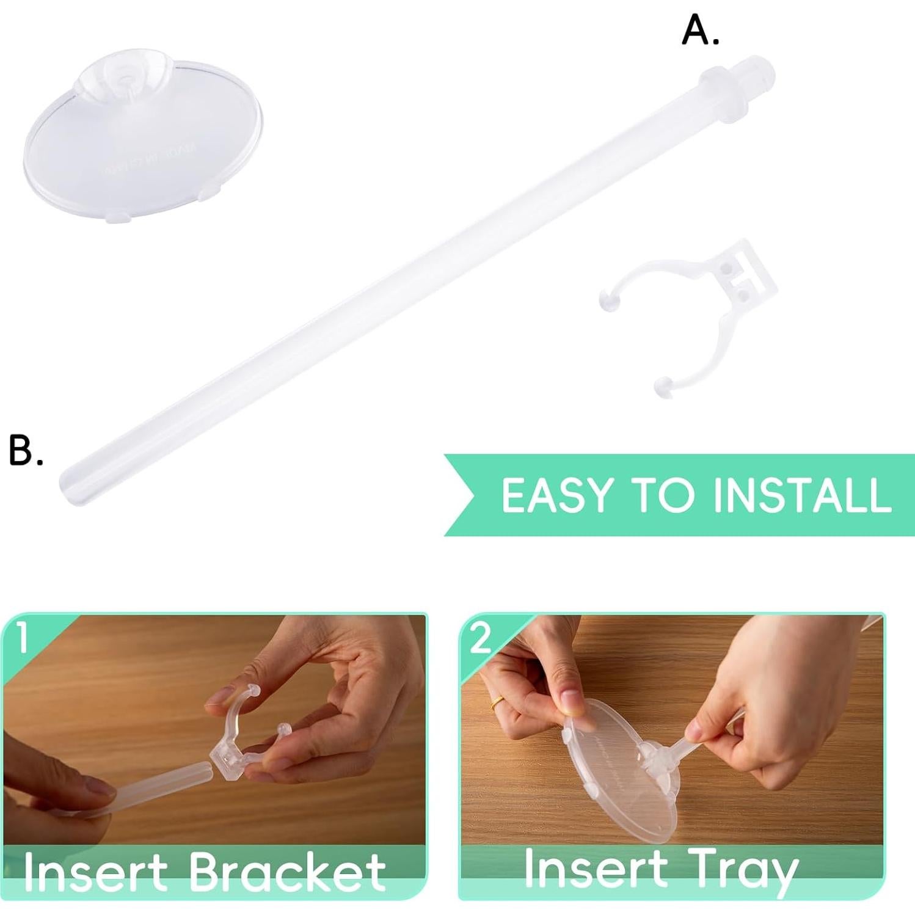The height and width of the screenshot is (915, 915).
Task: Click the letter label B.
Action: point(26,451)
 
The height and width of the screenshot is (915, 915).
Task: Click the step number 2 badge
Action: point(480,638)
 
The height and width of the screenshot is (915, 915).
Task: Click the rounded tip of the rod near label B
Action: point(68,486)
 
